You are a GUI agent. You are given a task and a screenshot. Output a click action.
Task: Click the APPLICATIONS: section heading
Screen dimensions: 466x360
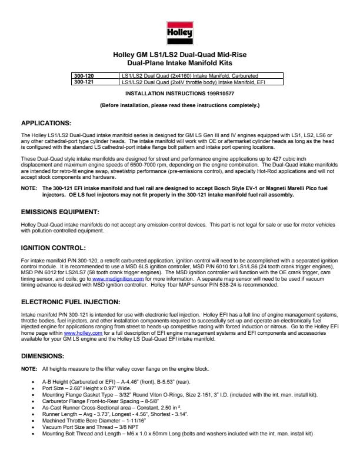coord(46,123)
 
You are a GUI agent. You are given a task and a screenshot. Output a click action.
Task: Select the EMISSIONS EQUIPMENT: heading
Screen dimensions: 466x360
coord(60,211)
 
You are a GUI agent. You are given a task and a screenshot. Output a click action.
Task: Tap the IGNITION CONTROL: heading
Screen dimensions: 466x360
coord(54,248)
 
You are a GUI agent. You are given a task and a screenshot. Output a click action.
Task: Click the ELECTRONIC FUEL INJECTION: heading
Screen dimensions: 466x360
coord(71,301)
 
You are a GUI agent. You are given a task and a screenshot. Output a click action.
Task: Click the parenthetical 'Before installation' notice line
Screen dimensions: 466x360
coord(179,105)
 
